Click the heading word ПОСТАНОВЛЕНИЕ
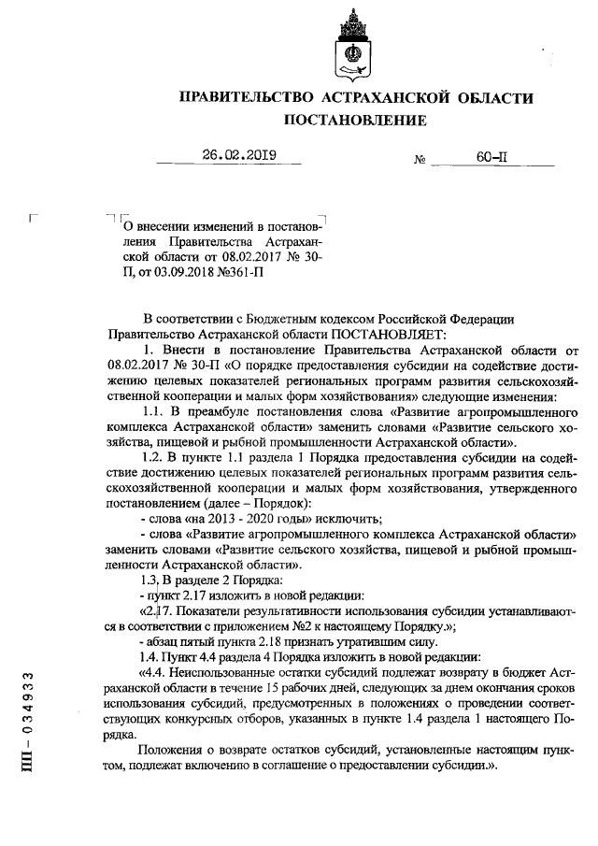(x=355, y=121)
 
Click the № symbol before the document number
(x=420, y=161)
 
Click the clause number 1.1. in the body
(x=155, y=411)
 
